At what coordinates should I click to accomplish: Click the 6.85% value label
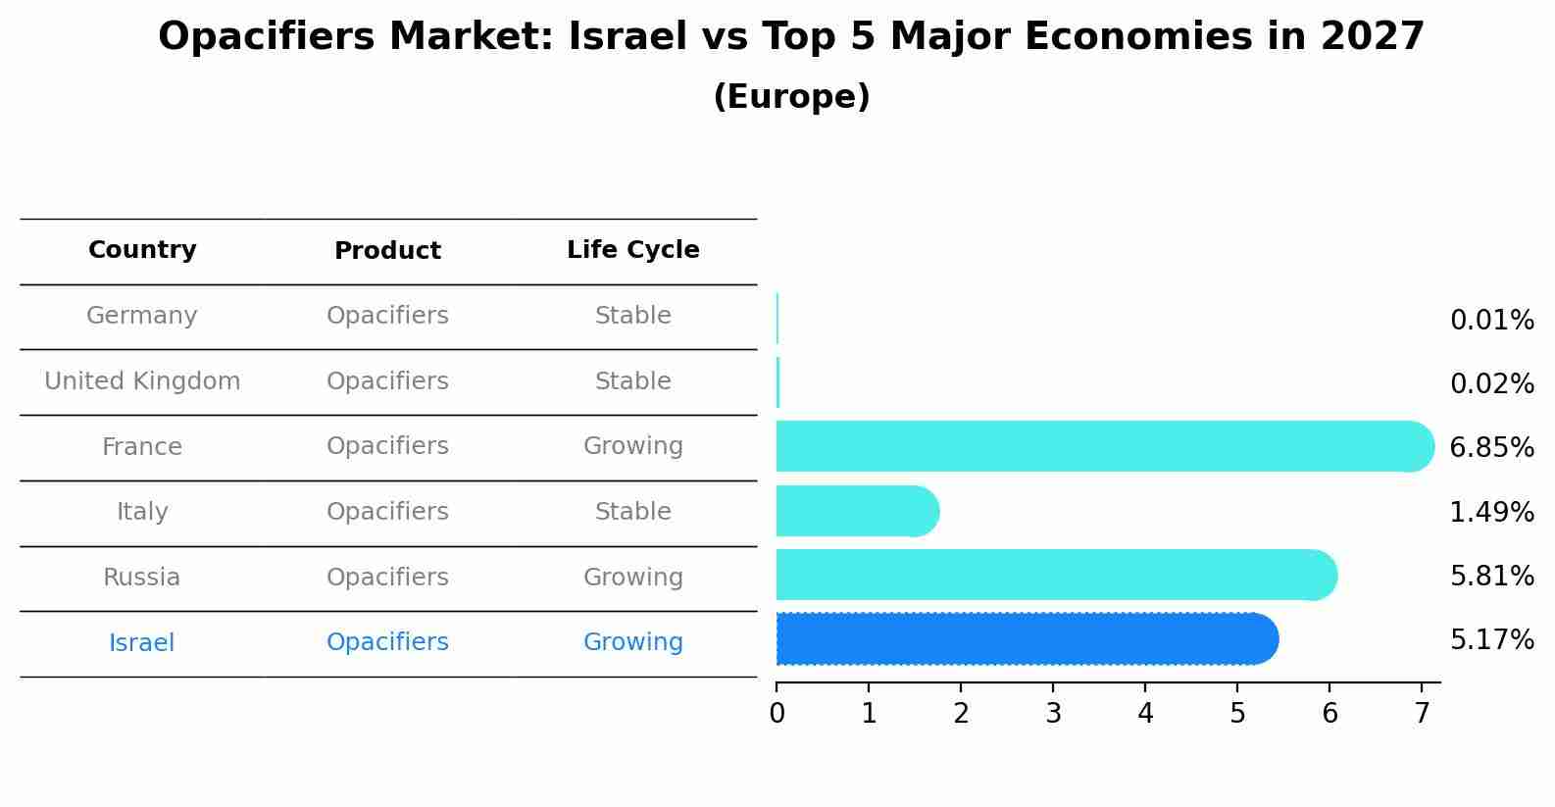(1491, 448)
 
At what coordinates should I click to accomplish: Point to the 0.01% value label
(1491, 321)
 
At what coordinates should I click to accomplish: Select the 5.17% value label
(1491, 640)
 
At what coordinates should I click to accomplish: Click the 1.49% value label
(1491, 512)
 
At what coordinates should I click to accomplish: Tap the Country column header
(142, 250)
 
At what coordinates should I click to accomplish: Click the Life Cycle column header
(632, 250)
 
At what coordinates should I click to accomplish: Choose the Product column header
(387, 251)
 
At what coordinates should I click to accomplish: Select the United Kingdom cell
(142, 381)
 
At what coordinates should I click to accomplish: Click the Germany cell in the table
(142, 316)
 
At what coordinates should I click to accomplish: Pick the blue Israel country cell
(142, 643)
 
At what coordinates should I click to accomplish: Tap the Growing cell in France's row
(632, 446)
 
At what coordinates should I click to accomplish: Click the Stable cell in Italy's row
(632, 512)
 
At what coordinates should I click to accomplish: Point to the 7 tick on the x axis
(1422, 714)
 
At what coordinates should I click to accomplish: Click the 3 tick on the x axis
(1053, 714)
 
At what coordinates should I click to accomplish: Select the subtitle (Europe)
(791, 97)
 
